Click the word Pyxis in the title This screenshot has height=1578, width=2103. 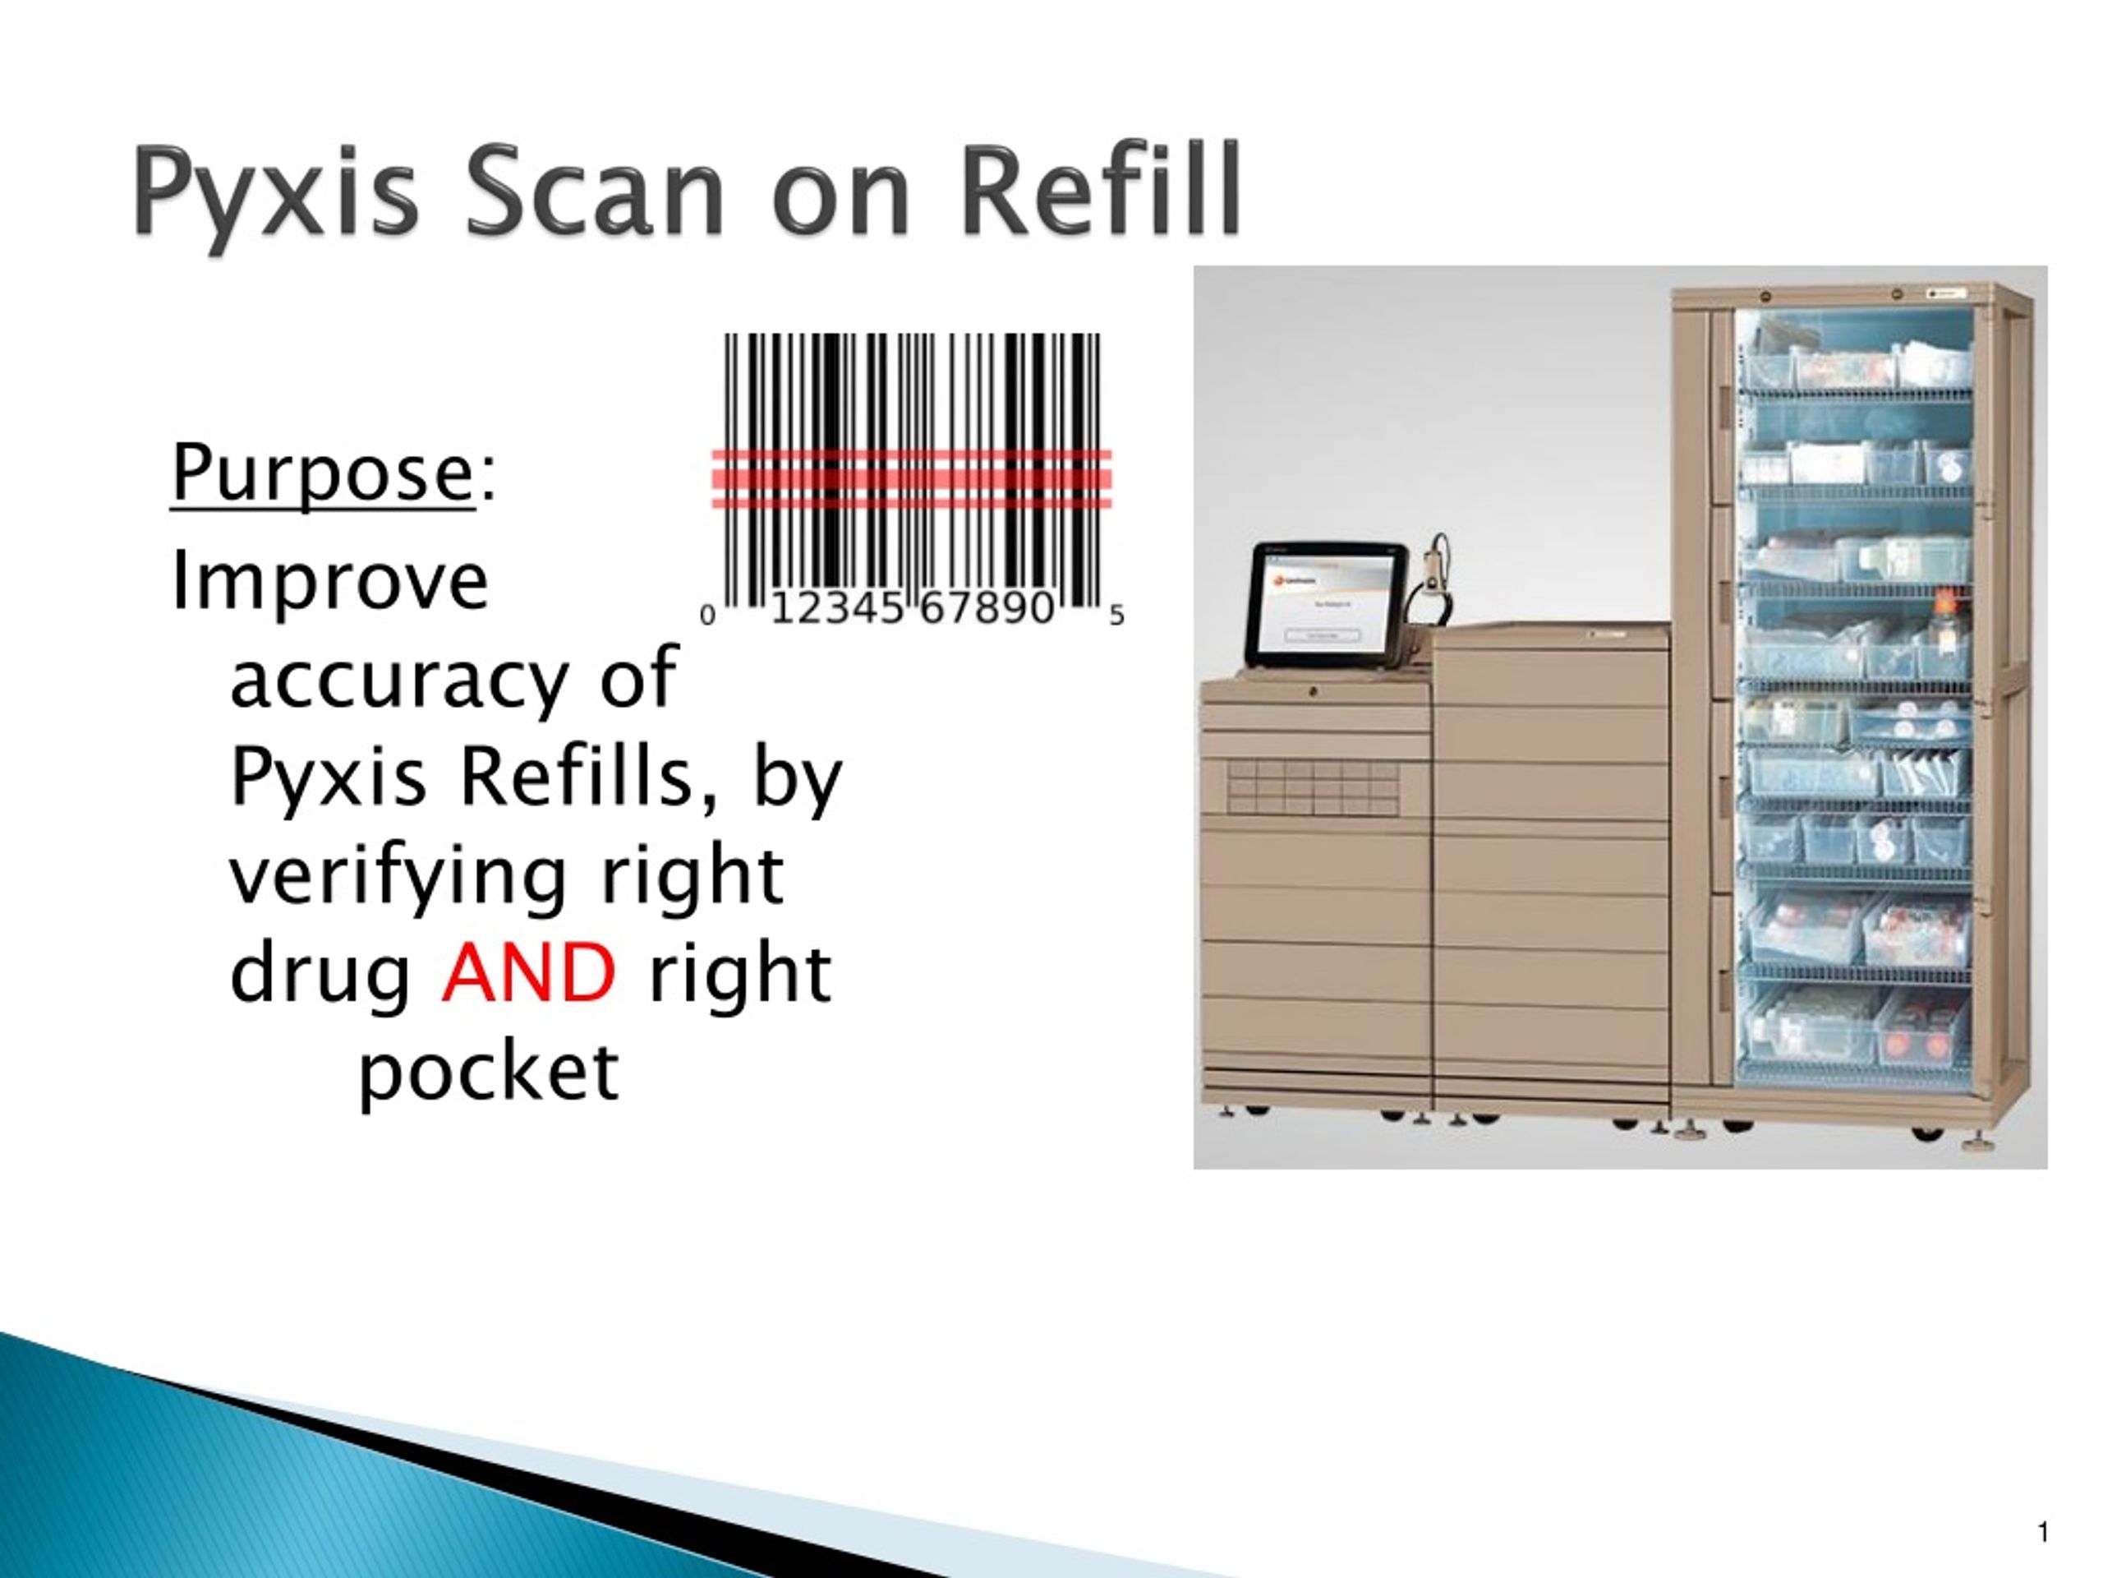coord(276,193)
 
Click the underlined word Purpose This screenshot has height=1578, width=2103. coord(322,473)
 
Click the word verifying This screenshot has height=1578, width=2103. coord(399,877)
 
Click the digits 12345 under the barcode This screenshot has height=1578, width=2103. coord(836,608)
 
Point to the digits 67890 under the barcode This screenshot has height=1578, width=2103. coord(987,608)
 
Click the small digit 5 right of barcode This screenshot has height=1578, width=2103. coord(1117,616)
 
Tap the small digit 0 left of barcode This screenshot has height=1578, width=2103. coord(707,616)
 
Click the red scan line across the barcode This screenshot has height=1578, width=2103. coord(912,480)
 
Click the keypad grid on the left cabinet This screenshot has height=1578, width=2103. coord(1312,787)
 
